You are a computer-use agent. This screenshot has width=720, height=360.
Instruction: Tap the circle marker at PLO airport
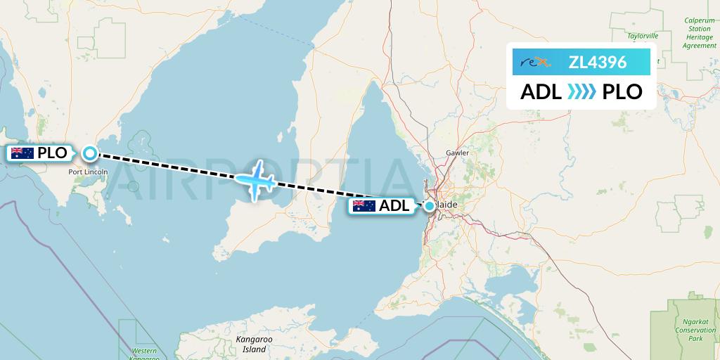click(90, 153)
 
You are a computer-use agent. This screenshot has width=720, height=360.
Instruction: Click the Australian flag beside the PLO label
click(22, 153)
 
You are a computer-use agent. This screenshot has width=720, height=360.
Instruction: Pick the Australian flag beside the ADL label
click(364, 206)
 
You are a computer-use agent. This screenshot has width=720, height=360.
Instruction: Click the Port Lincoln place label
click(89, 171)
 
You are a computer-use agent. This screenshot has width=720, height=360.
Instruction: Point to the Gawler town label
click(457, 153)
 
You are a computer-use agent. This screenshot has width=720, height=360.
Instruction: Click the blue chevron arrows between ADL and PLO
click(581, 92)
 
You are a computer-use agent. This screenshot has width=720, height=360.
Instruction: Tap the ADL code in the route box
click(541, 92)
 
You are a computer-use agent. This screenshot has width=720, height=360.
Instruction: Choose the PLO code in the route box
click(622, 92)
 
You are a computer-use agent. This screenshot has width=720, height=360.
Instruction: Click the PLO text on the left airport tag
click(53, 153)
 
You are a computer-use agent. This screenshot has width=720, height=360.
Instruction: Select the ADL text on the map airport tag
click(394, 206)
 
